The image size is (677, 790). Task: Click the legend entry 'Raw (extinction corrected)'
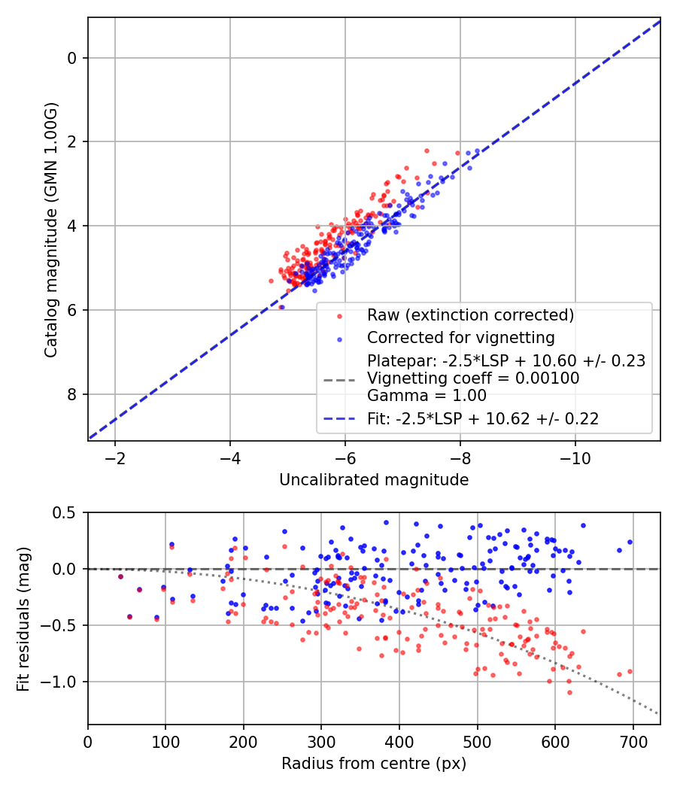[x=470, y=314]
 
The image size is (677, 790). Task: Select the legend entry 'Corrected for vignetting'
[x=460, y=337]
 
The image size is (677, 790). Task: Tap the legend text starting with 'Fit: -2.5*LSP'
[x=483, y=419]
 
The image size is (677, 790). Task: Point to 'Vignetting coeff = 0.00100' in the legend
[x=473, y=378]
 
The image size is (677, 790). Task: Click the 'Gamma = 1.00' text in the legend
[x=427, y=396]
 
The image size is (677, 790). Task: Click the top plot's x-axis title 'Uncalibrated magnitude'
[x=374, y=480]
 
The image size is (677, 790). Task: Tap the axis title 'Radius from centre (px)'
[x=374, y=764]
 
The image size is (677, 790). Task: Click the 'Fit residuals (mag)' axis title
[x=23, y=618]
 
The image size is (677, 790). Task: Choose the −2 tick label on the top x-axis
[x=115, y=458]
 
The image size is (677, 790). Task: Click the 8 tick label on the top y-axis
[x=73, y=394]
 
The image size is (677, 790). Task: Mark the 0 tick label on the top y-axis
[x=73, y=58]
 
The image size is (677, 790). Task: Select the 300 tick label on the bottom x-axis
[x=321, y=742]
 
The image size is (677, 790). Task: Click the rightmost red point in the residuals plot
[x=630, y=671]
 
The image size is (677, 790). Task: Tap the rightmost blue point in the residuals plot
[x=630, y=542]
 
